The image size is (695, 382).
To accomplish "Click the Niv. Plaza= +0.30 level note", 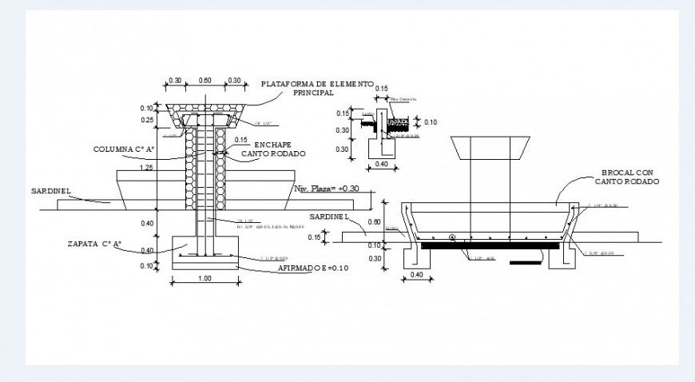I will pos(327,189).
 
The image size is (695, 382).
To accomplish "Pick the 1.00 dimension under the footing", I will pos(205,278).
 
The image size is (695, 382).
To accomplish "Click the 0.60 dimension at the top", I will pos(205,81).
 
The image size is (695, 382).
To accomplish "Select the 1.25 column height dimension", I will pos(145,169).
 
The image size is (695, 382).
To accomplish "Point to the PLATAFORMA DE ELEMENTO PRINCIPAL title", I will pos(317,88).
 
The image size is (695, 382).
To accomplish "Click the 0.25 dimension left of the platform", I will pos(147,120).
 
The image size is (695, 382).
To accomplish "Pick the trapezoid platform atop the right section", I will pos(488,148).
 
